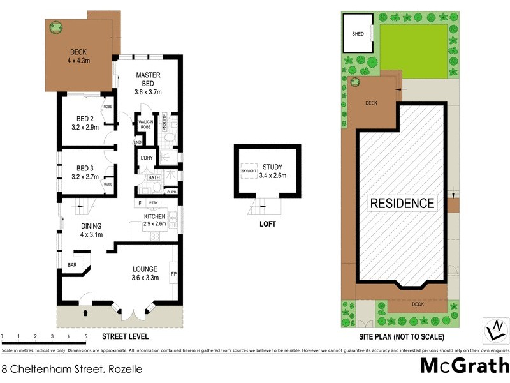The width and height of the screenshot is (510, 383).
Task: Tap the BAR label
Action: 72,264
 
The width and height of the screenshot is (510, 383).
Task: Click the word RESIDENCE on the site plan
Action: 402,204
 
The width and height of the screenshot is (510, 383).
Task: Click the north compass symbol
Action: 495,330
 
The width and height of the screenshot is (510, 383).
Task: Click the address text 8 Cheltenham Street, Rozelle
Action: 71,368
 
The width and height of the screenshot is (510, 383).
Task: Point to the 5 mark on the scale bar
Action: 85,336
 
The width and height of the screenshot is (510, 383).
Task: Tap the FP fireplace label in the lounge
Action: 173,274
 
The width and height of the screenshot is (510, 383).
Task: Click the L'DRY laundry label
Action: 146,157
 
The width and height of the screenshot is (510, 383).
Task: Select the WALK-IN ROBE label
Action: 145,124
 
